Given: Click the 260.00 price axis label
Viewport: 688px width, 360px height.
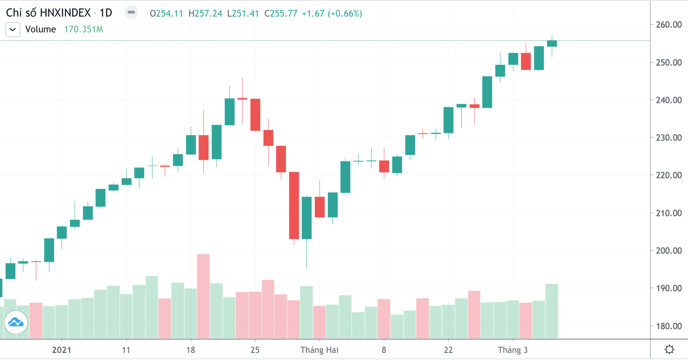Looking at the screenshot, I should click(x=668, y=24).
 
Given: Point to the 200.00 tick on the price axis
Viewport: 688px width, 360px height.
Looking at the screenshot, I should click(x=668, y=251).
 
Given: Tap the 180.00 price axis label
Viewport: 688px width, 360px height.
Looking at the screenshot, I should click(x=668, y=326).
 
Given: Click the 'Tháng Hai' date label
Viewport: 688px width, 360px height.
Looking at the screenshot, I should click(x=319, y=350).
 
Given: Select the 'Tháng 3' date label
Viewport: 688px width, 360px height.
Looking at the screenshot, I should click(x=512, y=350).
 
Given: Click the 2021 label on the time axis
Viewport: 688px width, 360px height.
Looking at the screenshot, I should click(x=62, y=350).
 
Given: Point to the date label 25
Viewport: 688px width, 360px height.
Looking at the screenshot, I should click(x=255, y=350).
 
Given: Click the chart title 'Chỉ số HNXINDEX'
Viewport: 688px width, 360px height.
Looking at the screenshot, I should click(x=48, y=13).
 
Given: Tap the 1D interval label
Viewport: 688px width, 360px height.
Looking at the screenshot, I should click(x=106, y=13).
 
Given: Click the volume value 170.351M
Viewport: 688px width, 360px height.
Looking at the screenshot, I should click(x=83, y=30).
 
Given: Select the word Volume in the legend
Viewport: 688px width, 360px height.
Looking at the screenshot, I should click(x=41, y=30).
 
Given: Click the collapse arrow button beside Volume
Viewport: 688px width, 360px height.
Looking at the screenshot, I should click(x=13, y=30).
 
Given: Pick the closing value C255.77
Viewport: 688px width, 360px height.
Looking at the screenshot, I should click(x=281, y=13).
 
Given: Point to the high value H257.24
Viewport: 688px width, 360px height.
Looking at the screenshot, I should click(x=205, y=13).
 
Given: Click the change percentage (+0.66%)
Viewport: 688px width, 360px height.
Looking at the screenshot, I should click(x=346, y=13).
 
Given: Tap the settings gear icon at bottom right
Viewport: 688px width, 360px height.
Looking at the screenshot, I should click(x=669, y=349).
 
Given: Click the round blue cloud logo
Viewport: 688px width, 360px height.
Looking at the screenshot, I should click(x=16, y=322).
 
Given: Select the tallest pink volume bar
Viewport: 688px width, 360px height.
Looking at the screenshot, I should click(x=203, y=296).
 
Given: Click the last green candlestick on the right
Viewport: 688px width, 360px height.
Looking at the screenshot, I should click(x=552, y=43).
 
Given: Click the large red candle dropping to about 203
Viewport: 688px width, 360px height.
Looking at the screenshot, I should click(x=294, y=205).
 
